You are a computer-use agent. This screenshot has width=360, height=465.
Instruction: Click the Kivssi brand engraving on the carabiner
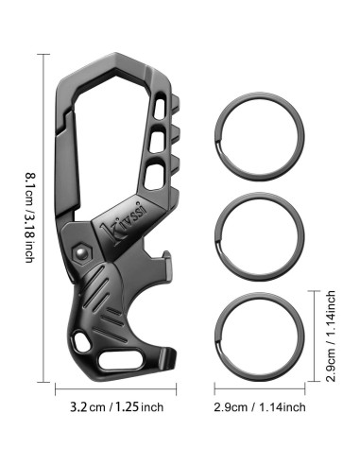[x=123, y=223]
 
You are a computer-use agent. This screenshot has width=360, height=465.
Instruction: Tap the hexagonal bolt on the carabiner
[x=82, y=252]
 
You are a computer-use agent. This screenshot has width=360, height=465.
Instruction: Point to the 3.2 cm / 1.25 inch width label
[x=117, y=407]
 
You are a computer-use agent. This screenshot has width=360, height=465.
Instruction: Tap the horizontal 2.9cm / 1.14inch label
[x=260, y=407]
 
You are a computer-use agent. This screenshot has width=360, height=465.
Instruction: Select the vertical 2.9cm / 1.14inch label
[x=331, y=336]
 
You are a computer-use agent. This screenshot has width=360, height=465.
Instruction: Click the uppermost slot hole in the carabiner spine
[x=160, y=109]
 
